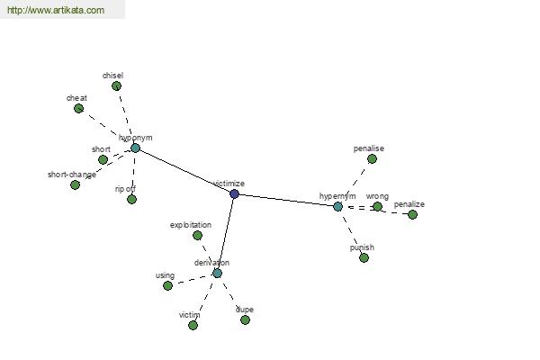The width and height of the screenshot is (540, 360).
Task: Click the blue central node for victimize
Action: click(x=234, y=194)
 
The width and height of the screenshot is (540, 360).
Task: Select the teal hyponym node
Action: click(x=135, y=148)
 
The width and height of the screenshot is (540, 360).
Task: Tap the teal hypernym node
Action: click(x=337, y=206)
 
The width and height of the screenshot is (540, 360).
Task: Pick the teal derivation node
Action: click(x=217, y=274)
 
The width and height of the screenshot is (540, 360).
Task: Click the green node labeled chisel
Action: click(x=116, y=85)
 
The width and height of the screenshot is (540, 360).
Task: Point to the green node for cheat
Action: click(x=78, y=109)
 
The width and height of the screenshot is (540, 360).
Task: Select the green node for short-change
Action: click(x=75, y=185)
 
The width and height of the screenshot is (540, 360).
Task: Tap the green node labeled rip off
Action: click(x=131, y=199)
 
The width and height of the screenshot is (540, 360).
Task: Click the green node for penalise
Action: click(x=372, y=158)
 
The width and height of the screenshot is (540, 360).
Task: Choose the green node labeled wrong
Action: click(x=377, y=206)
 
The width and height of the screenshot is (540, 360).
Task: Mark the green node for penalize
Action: click(x=412, y=214)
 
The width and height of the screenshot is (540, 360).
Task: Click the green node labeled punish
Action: click(x=364, y=257)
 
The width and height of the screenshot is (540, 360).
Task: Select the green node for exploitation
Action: click(x=197, y=235)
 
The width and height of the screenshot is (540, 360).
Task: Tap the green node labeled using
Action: click(x=167, y=285)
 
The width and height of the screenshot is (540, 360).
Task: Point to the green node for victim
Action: click(x=193, y=325)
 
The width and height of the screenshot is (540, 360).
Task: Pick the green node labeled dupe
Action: click(x=245, y=320)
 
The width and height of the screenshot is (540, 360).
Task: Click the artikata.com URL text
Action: click(x=56, y=10)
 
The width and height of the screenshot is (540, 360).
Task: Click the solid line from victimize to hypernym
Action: click(x=286, y=200)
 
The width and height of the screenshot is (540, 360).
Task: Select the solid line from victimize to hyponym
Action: click(x=184, y=171)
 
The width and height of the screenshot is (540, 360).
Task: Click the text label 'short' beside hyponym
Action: click(x=101, y=149)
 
